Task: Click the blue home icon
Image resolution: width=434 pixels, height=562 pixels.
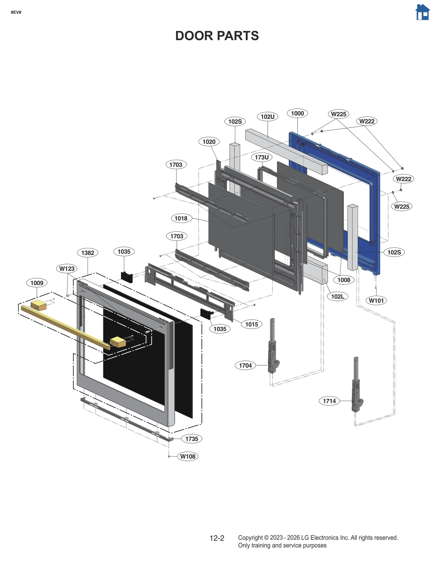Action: (x=422, y=12)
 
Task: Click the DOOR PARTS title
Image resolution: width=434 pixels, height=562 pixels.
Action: (x=217, y=36)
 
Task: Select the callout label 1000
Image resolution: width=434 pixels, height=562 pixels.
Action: (x=297, y=113)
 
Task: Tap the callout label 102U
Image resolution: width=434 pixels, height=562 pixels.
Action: (x=267, y=117)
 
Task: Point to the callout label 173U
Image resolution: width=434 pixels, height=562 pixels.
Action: (x=261, y=157)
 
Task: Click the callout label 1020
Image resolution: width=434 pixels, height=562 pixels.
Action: (x=209, y=142)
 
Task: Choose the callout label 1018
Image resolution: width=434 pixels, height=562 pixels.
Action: (x=181, y=218)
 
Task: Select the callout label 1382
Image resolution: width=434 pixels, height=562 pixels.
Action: (x=88, y=253)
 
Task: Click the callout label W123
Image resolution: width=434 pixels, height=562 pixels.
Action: (x=67, y=269)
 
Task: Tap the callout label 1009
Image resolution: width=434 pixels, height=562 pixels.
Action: (x=37, y=283)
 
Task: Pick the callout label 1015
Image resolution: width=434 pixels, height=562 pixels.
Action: (x=251, y=324)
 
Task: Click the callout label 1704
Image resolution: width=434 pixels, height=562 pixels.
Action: (x=245, y=366)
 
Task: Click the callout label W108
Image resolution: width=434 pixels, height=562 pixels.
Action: (x=188, y=456)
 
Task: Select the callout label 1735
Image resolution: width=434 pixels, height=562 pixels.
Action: (x=192, y=439)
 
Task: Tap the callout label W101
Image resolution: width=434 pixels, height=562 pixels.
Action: (x=376, y=300)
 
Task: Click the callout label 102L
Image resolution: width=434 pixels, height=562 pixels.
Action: (x=337, y=296)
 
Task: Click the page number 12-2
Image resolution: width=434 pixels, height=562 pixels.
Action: (x=217, y=538)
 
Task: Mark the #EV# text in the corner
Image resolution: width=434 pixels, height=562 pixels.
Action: (x=16, y=12)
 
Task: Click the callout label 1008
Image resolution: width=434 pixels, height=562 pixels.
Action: (x=344, y=280)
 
